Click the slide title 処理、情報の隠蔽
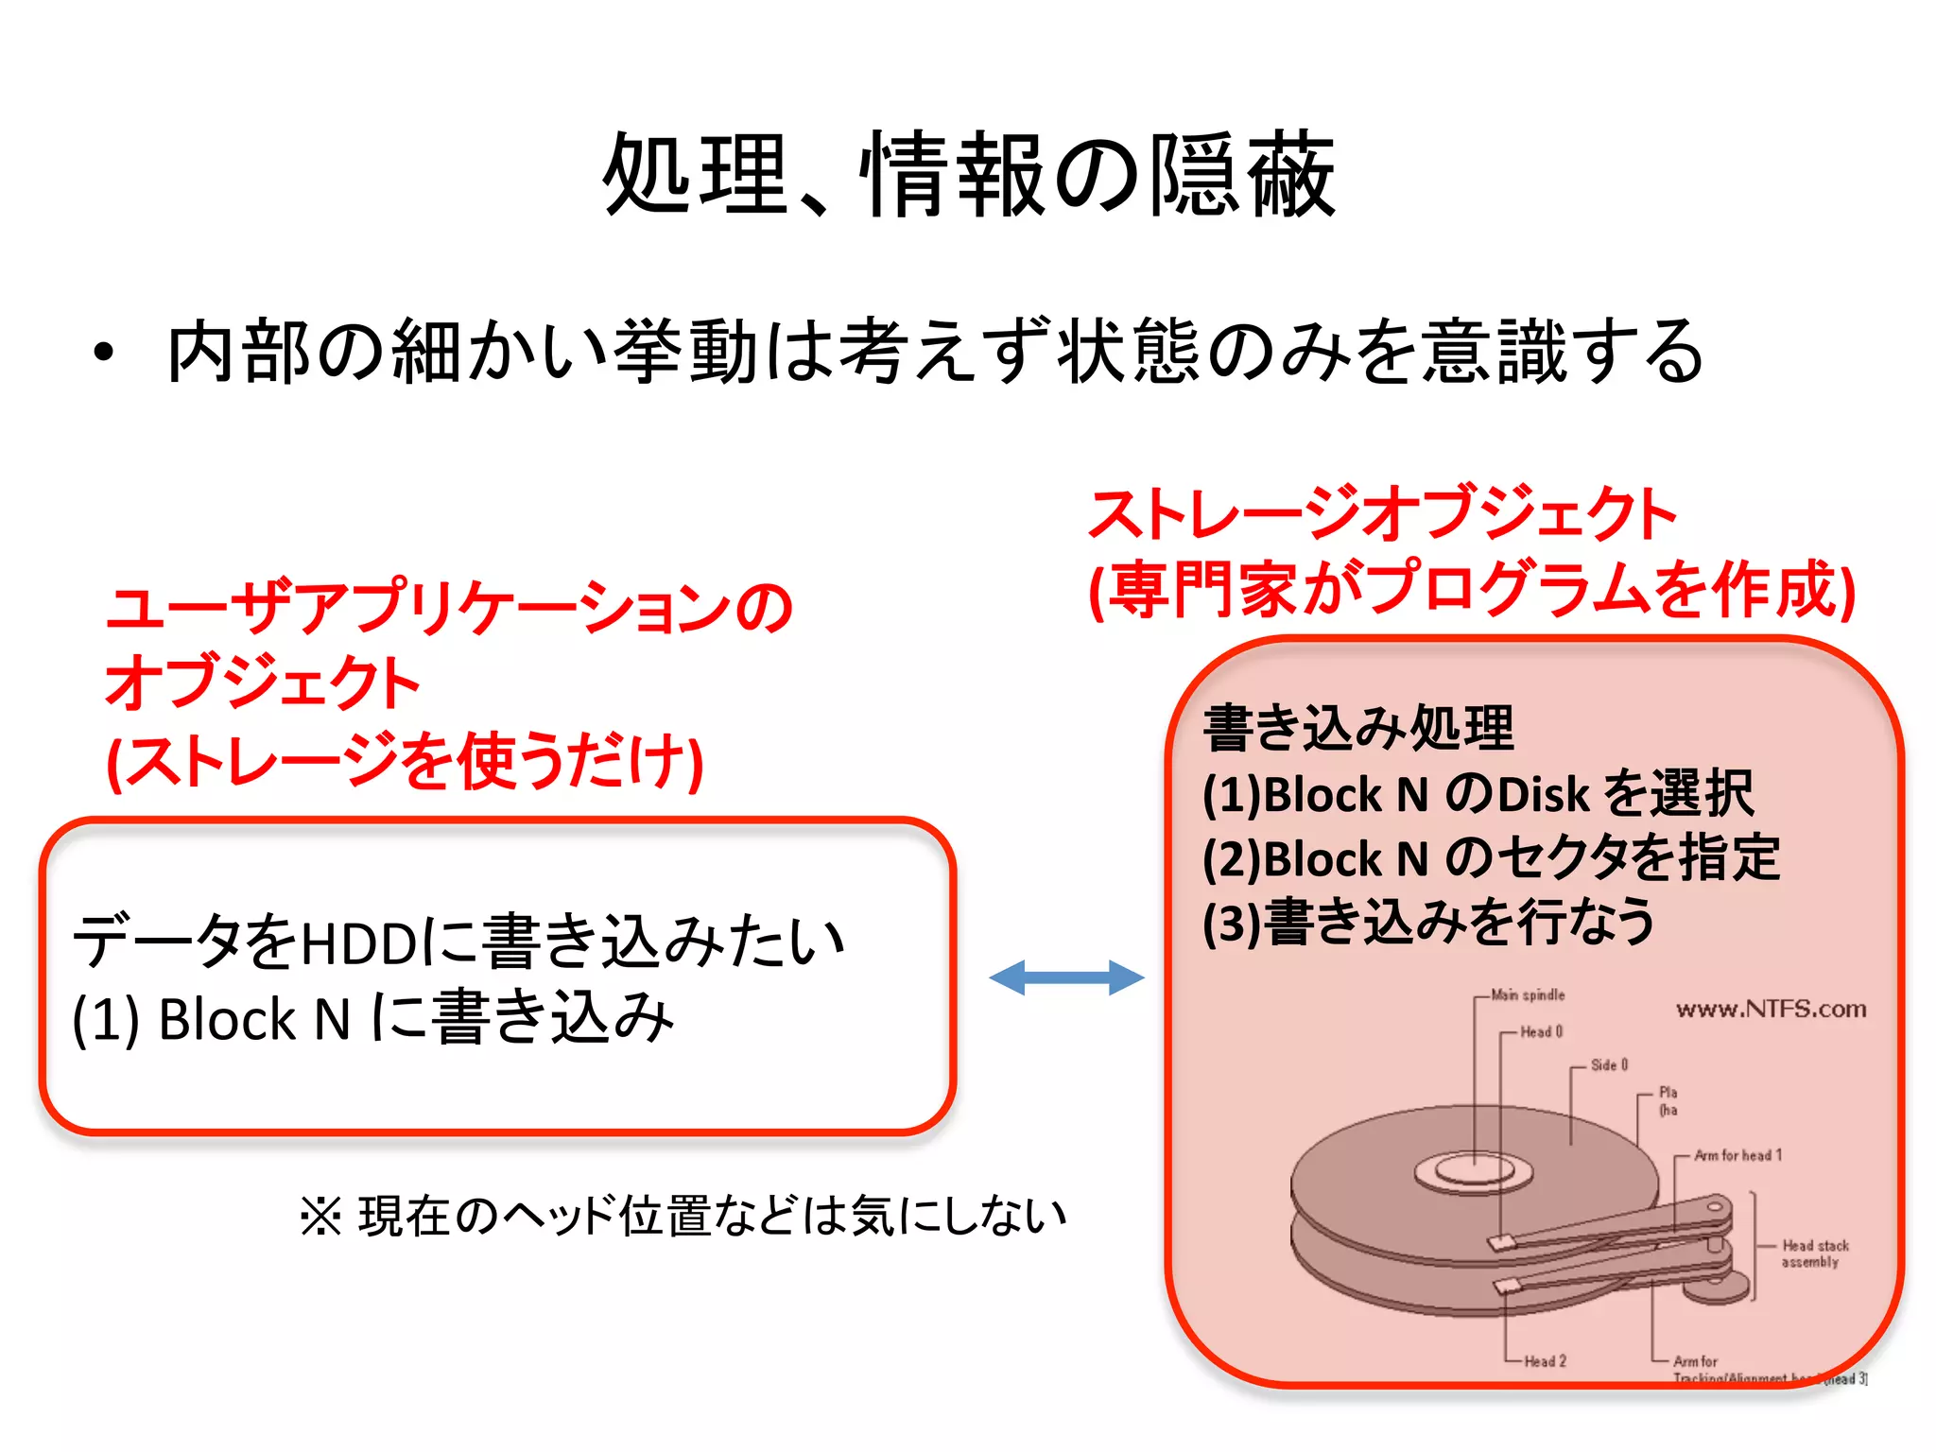click(969, 175)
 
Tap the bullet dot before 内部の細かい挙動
click(104, 353)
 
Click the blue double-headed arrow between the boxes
click(1066, 977)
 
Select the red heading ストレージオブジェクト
click(1382, 515)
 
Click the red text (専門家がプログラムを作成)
click(1473, 590)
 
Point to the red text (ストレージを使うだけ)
click(405, 762)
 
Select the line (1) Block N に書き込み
click(373, 1019)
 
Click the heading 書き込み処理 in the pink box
click(1358, 729)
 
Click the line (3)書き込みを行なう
click(1428, 923)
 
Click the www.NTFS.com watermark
click(1771, 1010)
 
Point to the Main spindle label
click(1528, 994)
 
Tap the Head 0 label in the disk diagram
click(1541, 1031)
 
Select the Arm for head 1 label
click(1737, 1155)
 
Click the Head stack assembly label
click(1814, 1253)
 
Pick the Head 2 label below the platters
click(1545, 1361)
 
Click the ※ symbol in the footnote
click(320, 1217)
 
